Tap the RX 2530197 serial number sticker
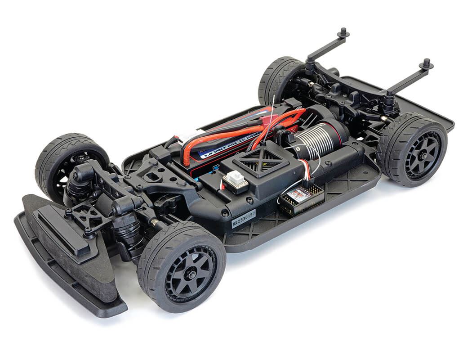click(x=244, y=219)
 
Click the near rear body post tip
click(x=426, y=63)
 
